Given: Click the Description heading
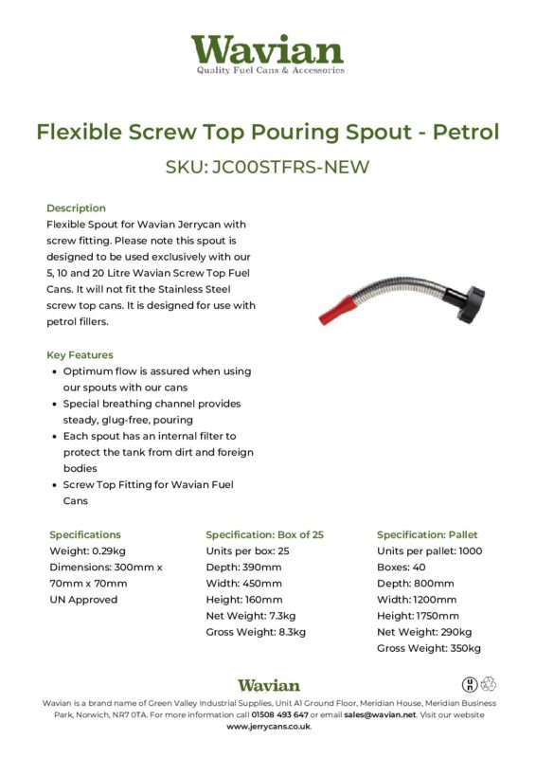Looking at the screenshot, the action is [76, 208].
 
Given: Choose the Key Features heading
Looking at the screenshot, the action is [81, 354].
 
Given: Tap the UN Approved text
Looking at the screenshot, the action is [83, 599].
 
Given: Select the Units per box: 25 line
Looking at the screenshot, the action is [247, 550].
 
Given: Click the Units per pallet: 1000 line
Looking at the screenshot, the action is [429, 550].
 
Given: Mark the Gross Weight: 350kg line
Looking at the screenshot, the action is [429, 648].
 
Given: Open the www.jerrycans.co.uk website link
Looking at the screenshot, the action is [268, 727].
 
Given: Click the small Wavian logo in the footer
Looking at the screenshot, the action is [268, 684].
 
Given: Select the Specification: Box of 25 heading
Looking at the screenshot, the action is [264, 534].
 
